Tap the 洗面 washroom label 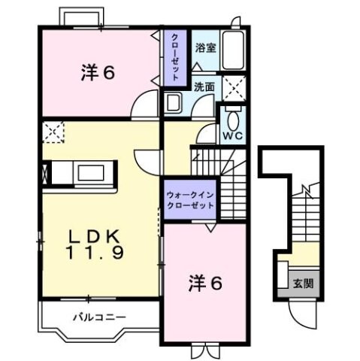(204, 86)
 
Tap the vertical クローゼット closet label (174, 57)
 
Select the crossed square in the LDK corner (53, 133)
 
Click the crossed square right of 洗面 (234, 88)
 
